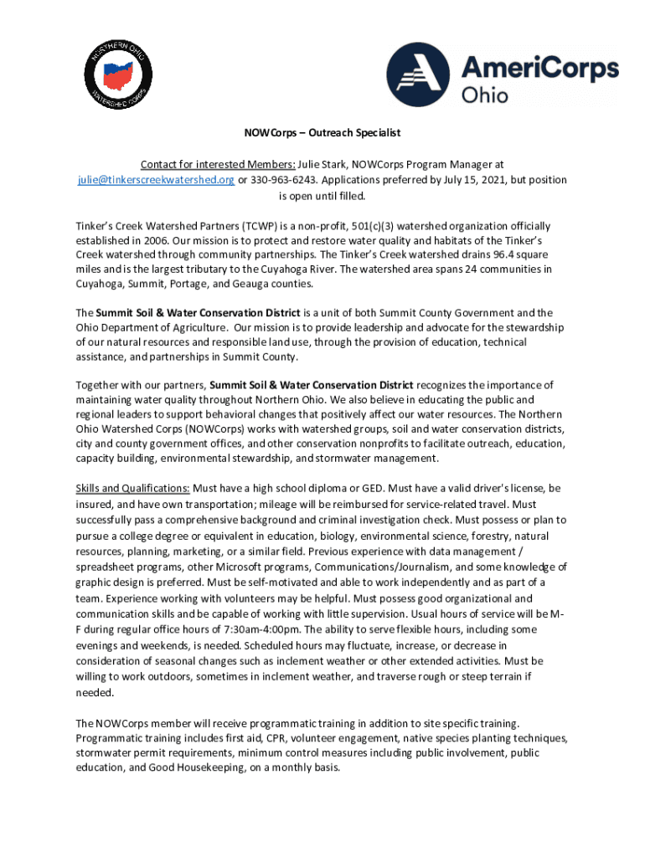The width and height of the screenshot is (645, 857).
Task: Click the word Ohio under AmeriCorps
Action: point(484,95)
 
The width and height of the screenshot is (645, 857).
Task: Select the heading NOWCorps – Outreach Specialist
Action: point(322,132)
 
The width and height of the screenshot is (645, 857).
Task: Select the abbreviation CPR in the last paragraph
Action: point(276,738)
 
